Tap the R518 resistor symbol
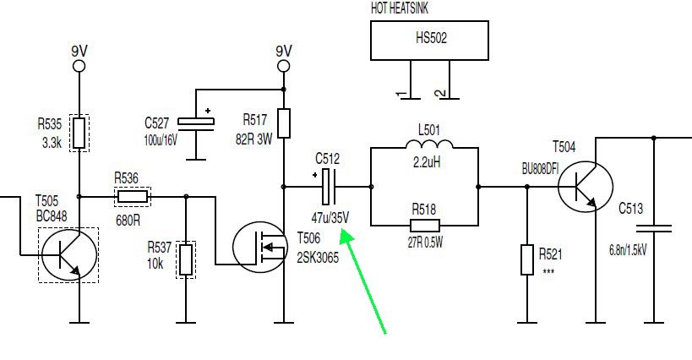[x=425, y=225]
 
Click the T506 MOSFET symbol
[x=259, y=246]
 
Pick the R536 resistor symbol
[x=133, y=197]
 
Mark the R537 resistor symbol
[x=186, y=259]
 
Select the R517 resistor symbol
[x=284, y=123]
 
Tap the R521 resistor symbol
[x=527, y=259]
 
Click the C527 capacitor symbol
[x=196, y=123]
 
